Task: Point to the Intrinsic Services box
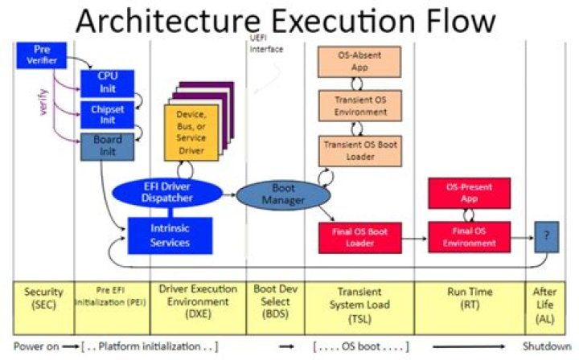point(170,235)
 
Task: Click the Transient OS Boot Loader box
point(360,150)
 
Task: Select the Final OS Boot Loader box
point(360,238)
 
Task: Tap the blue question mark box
point(547,237)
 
